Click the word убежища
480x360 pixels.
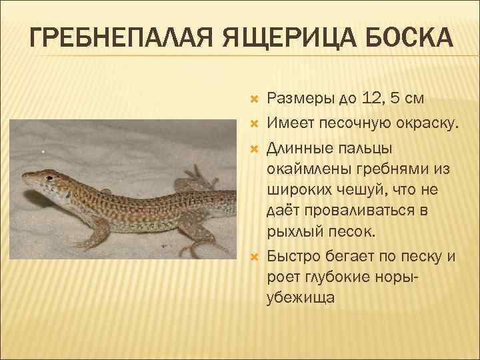click(301, 298)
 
